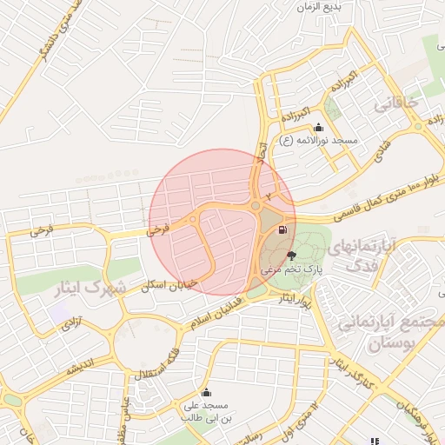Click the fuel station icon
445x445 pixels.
click(x=282, y=230)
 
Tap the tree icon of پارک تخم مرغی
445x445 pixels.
click(x=290, y=256)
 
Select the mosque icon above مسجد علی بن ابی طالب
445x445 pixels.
click(x=206, y=392)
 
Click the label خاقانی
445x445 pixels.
click(x=395, y=103)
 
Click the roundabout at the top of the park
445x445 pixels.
click(x=255, y=206)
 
